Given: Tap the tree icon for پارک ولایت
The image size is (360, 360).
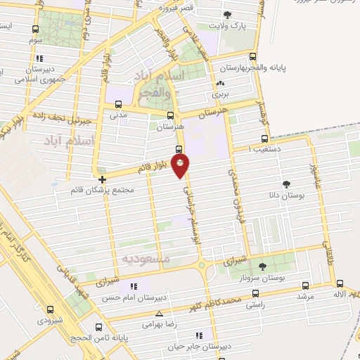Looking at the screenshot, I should pos(226,15).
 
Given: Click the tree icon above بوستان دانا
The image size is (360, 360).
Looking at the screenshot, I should pos(286,184).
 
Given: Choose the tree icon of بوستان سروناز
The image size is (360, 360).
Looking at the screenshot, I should pos(263,266).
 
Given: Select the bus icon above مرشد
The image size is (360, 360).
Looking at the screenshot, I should pos(304,285).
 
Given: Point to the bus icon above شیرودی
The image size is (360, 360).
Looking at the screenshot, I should pos(50,309).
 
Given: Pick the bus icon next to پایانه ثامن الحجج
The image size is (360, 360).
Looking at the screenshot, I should pos(98,327).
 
